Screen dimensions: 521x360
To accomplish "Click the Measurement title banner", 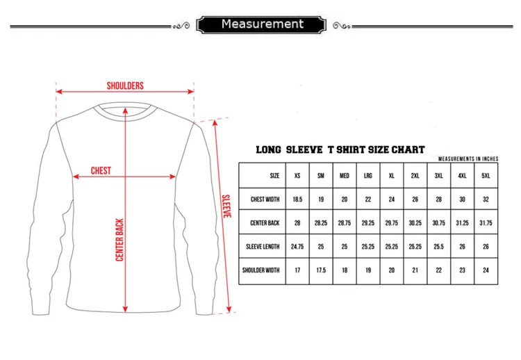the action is click(262, 25).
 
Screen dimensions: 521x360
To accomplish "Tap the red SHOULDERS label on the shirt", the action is click(125, 85).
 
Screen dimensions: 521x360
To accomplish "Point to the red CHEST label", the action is click(101, 170).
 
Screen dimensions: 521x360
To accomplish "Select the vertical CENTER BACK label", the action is click(119, 240).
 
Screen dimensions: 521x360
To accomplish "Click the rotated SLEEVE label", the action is click(226, 206).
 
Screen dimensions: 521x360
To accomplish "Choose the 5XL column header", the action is click(486, 176).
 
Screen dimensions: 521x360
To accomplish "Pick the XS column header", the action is click(297, 176).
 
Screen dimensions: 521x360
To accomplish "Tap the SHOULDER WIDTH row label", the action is click(261, 270).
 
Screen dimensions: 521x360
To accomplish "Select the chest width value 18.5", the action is click(297, 199).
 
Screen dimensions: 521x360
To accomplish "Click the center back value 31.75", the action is click(486, 223).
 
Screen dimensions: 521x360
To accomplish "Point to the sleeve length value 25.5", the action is click(439, 247).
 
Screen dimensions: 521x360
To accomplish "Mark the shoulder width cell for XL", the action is click(391, 270).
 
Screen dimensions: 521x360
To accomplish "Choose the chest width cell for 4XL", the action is click(463, 199).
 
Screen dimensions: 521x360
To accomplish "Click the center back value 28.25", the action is click(321, 223).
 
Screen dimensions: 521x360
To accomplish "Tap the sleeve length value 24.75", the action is click(297, 247).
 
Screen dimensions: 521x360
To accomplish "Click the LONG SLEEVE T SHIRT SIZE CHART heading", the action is click(340, 149).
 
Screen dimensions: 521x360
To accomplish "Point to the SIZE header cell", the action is click(274, 176).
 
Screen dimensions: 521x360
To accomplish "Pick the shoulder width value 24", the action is click(486, 270).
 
